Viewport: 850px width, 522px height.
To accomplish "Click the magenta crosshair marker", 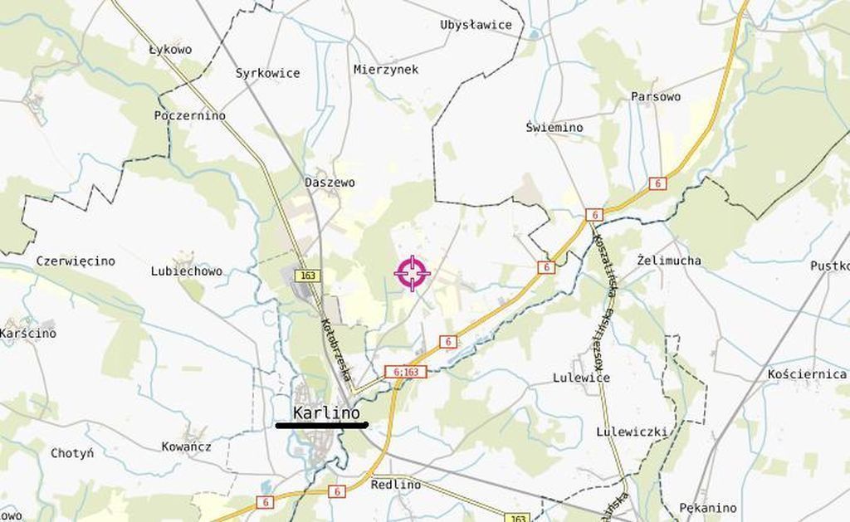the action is click(413, 274).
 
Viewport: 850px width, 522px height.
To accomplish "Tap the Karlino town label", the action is click(326, 412).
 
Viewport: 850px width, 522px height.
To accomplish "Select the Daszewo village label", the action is click(330, 182).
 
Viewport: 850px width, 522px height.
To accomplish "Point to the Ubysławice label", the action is click(476, 25).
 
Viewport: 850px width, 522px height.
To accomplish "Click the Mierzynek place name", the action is click(385, 70).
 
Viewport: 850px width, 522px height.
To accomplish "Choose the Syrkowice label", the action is click(267, 73).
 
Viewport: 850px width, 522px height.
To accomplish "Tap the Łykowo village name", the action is click(170, 50).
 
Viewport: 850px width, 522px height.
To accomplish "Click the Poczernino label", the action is click(190, 115).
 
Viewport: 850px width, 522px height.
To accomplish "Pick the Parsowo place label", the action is click(656, 96).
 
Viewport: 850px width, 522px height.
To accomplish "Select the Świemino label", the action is click(554, 128).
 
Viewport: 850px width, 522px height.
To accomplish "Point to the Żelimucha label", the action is click(669, 261).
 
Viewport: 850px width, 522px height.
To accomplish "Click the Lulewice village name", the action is click(581, 378).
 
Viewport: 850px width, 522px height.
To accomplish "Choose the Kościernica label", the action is click(807, 374).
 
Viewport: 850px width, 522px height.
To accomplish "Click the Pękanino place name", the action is click(707, 507).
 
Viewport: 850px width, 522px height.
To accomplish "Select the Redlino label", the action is click(395, 485).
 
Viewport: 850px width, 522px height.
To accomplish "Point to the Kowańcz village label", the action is click(186, 446).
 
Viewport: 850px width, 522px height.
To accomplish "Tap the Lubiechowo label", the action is click(187, 271).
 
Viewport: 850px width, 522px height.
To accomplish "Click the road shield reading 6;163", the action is click(406, 372).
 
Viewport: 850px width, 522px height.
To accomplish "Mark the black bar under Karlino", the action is click(321, 426).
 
